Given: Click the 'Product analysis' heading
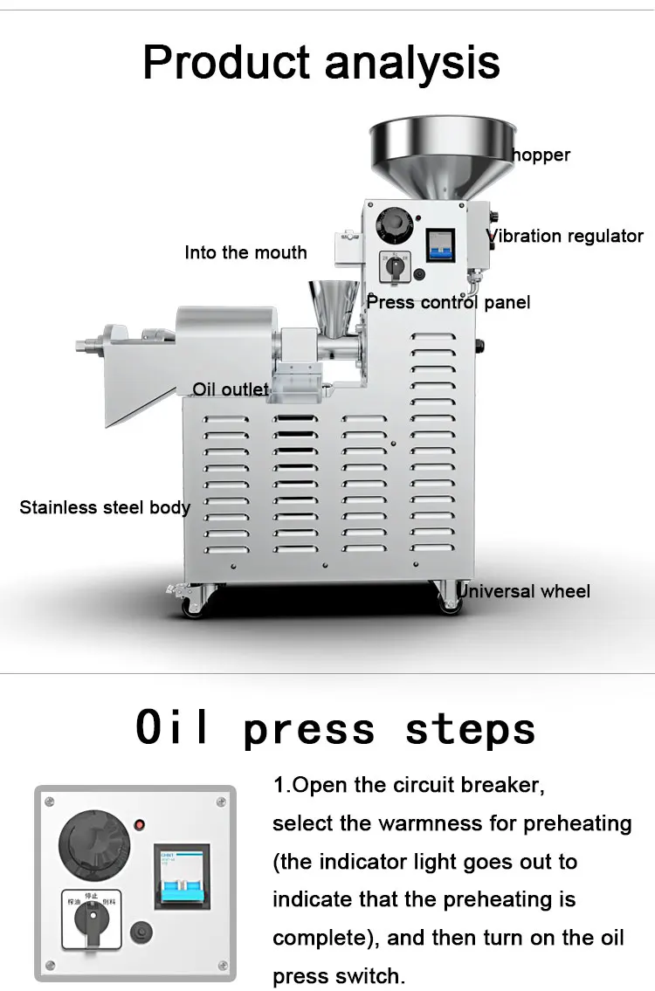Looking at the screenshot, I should pyautogui.click(x=321, y=62).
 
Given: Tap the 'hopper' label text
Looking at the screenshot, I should pyautogui.click(x=541, y=155).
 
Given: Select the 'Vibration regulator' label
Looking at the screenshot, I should pyautogui.click(x=565, y=236).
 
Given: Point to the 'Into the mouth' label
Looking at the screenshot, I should pyautogui.click(x=245, y=253).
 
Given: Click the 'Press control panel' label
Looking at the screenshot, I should pyautogui.click(x=448, y=303).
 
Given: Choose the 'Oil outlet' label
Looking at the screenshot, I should pyautogui.click(x=231, y=389).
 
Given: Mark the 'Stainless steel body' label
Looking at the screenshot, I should pyautogui.click(x=105, y=507).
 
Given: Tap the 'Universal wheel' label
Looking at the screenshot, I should pyautogui.click(x=524, y=591).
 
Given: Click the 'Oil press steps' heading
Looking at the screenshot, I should pyautogui.click(x=335, y=728).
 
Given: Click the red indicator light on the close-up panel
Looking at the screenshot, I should pyautogui.click(x=139, y=823).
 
